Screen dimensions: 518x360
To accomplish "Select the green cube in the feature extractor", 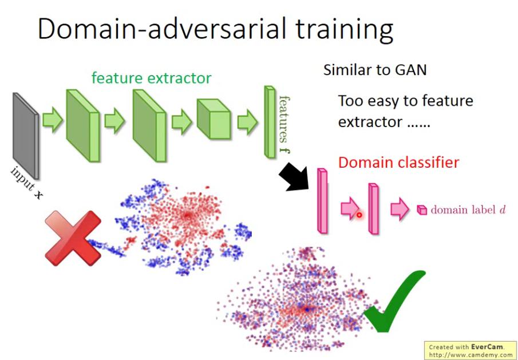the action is [213, 120].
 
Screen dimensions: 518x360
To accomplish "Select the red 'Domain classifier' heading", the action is [398, 163].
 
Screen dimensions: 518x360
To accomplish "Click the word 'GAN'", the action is [410, 70].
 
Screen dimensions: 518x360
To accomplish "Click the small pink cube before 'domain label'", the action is [422, 210].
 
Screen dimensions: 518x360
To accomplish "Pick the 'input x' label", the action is [26, 184].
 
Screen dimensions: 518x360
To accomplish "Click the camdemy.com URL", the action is [471, 354].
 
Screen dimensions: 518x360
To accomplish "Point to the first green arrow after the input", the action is [53, 122].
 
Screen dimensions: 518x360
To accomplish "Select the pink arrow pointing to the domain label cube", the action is [399, 209].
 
